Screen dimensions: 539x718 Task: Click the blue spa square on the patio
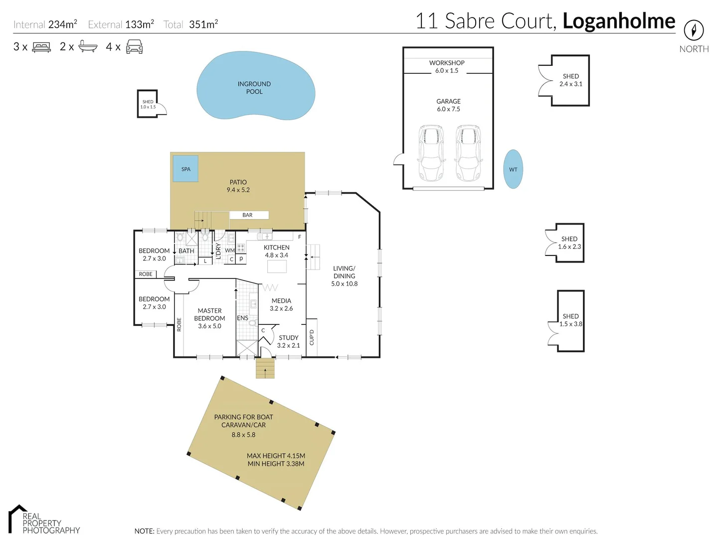pos(185,169)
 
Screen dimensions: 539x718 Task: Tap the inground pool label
pos(254,88)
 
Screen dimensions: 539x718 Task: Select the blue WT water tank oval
pos(513,169)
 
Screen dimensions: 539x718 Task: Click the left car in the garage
pos(431,153)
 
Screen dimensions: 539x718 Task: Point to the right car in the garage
pos(468,153)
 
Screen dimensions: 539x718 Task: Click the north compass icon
pos(694,30)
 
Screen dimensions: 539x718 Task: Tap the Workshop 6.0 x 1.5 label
pos(447,66)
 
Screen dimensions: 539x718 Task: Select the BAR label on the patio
pos(248,215)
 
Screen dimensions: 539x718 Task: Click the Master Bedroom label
pos(209,318)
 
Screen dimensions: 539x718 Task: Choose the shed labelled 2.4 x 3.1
pos(570,80)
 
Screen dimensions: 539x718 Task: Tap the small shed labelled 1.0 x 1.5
pos(148,104)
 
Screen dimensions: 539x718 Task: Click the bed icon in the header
pos(41,47)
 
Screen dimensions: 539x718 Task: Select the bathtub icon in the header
pos(88,47)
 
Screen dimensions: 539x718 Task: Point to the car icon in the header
pos(134,47)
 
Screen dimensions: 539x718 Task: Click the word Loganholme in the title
pos(619,21)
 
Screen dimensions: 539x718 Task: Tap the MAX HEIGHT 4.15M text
pos(276,456)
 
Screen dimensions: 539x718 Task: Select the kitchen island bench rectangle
pos(277,267)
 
